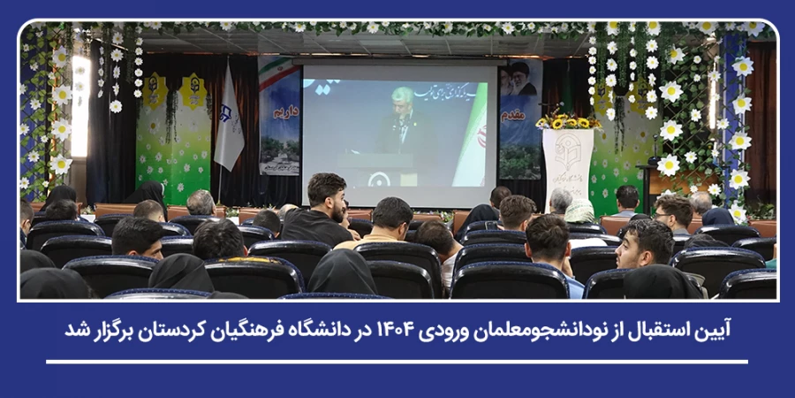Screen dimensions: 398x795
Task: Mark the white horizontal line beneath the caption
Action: pyautogui.click(x=397, y=361)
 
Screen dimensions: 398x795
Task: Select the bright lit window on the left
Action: pyautogui.click(x=80, y=106)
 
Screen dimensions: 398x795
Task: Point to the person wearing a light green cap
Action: pyautogui.click(x=579, y=211)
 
